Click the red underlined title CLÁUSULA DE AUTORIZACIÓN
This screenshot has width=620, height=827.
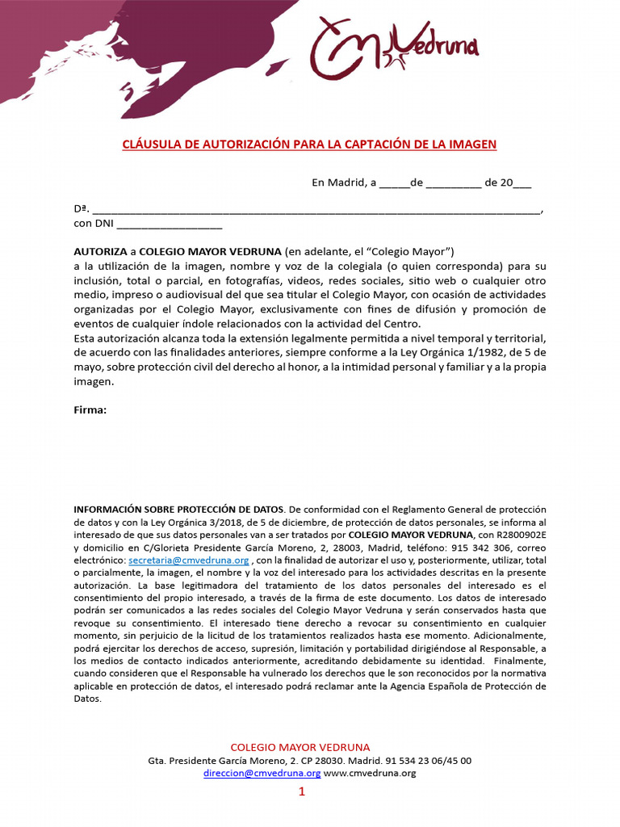[309, 145]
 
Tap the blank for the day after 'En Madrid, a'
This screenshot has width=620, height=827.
[394, 183]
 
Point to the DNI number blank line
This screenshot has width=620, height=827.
[170, 224]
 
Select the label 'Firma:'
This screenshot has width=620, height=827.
[90, 409]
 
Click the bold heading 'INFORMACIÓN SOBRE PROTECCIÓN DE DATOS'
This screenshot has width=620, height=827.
[178, 510]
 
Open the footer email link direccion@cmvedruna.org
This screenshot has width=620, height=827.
[262, 773]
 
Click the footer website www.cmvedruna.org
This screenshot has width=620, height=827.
[370, 773]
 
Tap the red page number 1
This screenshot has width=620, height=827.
[302, 793]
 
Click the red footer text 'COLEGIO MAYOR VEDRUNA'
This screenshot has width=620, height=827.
[300, 748]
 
